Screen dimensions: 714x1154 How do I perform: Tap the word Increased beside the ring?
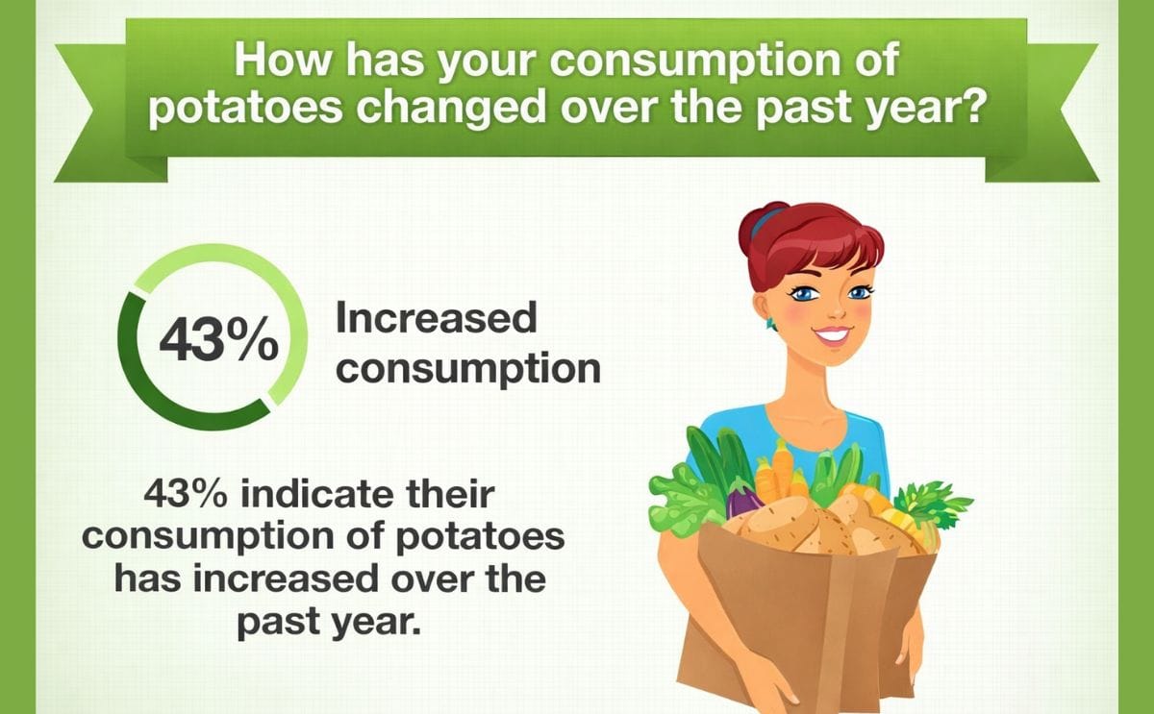point(436,319)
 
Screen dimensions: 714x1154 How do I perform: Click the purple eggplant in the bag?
point(743,500)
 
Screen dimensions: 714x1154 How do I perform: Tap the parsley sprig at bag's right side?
point(931,505)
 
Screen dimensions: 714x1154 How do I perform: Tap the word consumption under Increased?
point(468,369)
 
